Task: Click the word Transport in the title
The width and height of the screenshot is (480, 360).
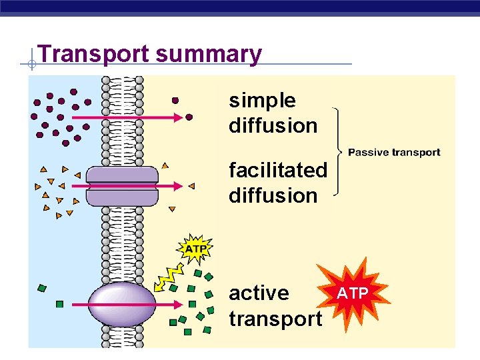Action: coord(94,53)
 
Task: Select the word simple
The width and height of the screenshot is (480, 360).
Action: coord(262,101)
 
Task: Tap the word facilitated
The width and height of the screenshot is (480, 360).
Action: coord(278,171)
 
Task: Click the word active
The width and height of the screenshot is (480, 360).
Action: coord(259,293)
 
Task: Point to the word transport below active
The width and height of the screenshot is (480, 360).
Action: coord(275,319)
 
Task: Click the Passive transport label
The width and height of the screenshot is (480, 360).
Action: coord(394,153)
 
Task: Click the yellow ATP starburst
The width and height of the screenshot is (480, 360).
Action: coord(195,249)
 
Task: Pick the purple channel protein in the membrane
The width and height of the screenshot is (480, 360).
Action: coord(121,186)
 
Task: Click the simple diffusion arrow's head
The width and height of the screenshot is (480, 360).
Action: coord(177,117)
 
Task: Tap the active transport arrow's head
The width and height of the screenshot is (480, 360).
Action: coord(177,304)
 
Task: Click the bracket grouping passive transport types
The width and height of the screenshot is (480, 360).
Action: coord(339,152)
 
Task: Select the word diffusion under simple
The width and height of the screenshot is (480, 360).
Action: coord(273,125)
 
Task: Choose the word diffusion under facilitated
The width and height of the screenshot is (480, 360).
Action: coord(273,196)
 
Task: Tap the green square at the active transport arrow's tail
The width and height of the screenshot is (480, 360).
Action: coord(59,304)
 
